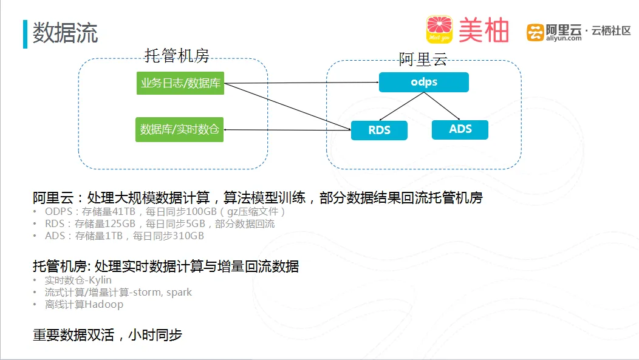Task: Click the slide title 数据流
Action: point(65,33)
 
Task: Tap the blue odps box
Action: point(424,83)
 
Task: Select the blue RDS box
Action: point(379,131)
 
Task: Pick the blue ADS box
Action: point(460,129)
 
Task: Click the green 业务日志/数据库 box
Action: point(180,83)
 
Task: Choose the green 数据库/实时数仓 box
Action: point(179,129)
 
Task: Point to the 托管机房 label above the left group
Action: point(177,55)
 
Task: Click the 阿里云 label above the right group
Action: point(423,59)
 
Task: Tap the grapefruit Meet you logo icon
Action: point(439,29)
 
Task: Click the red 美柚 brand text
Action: point(484,30)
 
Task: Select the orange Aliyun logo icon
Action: point(535,33)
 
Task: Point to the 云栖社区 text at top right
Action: point(611,31)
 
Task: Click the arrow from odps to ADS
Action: point(442,106)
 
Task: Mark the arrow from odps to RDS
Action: point(402,107)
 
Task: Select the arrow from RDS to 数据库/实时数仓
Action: point(287,130)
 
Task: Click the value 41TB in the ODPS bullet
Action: point(124,212)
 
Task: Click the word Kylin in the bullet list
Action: point(100,280)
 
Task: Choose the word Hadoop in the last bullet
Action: point(104,305)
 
